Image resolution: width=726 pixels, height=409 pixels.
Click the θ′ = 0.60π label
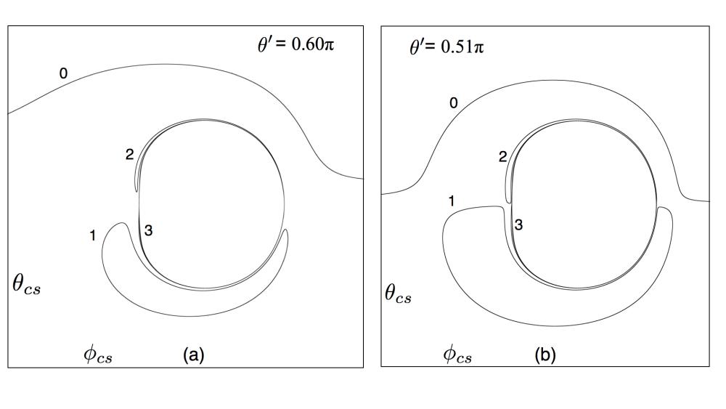[296, 44]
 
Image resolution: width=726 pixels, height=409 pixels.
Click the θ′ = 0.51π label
[446, 46]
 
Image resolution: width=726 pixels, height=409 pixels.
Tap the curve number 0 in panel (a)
[63, 73]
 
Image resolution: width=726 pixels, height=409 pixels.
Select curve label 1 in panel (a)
[93, 236]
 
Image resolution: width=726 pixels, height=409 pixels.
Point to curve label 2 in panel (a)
[130, 154]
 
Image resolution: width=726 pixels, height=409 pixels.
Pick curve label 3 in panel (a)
[148, 230]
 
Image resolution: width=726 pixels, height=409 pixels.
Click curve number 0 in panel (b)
[454, 103]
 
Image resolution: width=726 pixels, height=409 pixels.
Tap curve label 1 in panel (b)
[452, 201]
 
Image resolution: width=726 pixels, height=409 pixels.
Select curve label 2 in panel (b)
[503, 157]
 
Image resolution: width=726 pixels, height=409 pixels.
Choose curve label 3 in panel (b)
[518, 224]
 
